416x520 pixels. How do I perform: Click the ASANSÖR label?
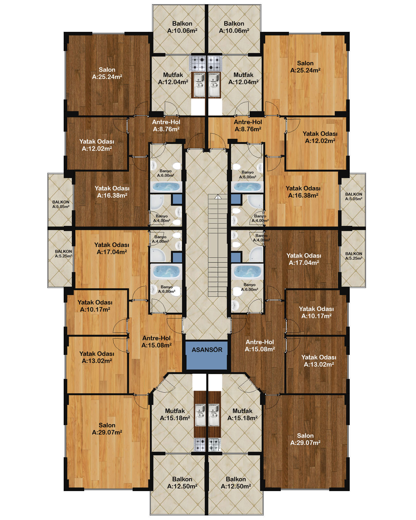pos(207,350)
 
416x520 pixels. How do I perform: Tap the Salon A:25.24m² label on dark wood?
pos(107,73)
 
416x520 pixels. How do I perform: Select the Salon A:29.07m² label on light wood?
pos(107,429)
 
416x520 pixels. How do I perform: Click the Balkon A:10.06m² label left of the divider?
pos(182,27)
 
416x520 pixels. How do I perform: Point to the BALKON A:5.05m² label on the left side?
pos(61,204)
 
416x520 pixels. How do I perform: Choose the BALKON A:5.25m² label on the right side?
pos(354,256)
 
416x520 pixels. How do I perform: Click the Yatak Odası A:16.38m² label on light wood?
pos(303,192)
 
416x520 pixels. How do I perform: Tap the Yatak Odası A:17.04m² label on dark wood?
pos(304,259)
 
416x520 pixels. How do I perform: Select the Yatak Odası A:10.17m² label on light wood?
pos(95,306)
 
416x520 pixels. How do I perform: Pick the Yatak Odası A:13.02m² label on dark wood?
pos(319,361)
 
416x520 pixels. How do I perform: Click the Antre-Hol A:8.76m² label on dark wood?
pos(166,126)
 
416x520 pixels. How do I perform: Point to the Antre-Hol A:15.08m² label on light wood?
pos(157,342)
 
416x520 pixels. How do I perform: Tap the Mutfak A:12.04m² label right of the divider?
pos(243,79)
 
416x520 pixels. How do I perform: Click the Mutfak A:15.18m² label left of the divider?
pos(175,414)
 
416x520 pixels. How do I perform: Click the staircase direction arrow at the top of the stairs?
pos(218,197)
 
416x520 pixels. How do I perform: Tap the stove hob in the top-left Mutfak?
pos(197,63)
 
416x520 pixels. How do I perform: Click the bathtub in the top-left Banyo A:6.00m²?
pos(166,187)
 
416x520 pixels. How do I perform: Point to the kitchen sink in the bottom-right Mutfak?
pos(214,415)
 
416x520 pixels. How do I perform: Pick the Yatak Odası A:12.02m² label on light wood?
pos(320,137)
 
